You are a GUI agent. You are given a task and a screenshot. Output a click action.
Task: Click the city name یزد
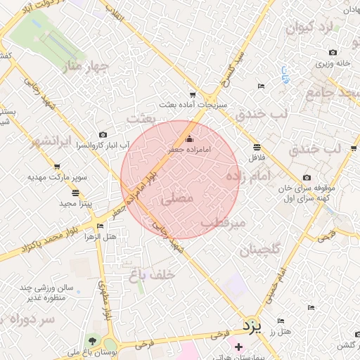pos(251,326)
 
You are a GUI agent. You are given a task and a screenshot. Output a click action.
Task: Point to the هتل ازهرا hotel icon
pos(100,226)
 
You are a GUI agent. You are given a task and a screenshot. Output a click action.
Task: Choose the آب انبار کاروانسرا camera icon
pos(103,134)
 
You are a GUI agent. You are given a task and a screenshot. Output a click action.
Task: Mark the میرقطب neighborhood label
pos(223,222)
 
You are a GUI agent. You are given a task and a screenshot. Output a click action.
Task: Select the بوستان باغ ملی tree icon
pos(90,342)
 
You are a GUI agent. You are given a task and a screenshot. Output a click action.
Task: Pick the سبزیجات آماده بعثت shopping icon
pos(192,95)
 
